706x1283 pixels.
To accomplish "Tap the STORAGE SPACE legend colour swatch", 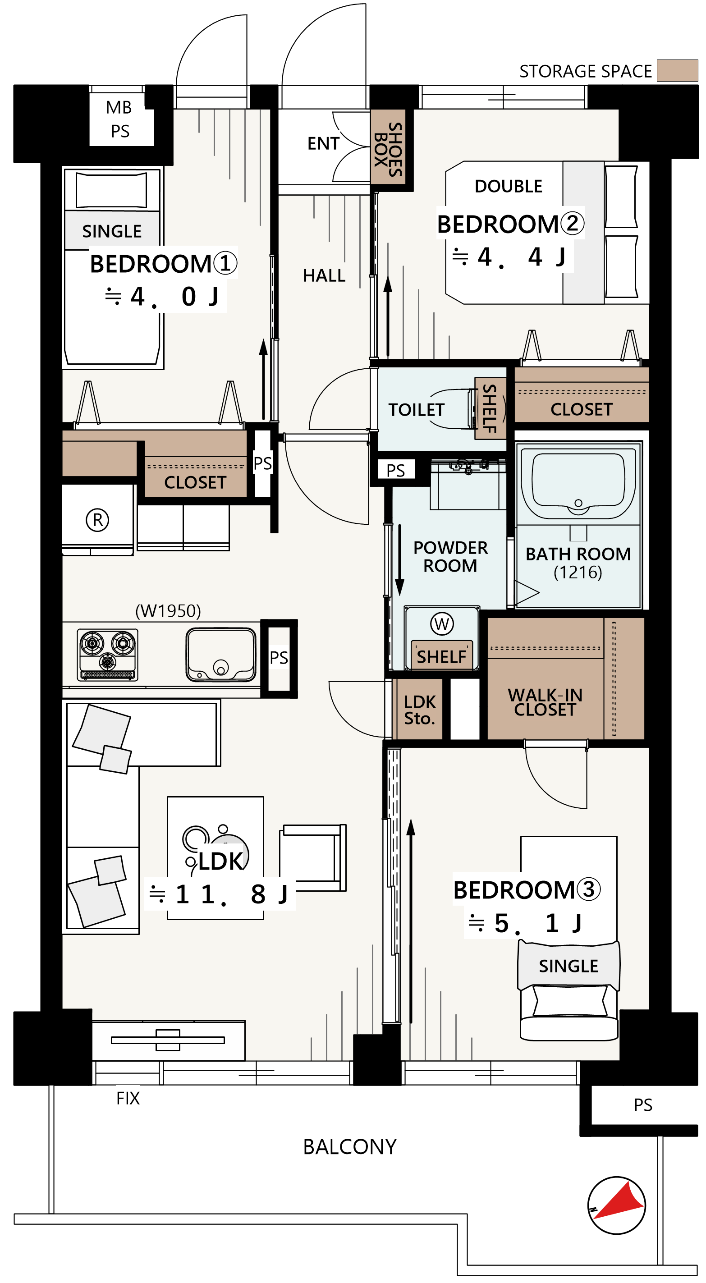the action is pos(677,70).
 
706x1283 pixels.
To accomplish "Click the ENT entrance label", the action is pos(323,143).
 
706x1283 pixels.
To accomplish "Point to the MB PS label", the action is pos(119,119).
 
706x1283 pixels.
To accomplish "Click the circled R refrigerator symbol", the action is pos(97,520).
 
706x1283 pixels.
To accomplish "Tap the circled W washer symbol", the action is pos(442,623).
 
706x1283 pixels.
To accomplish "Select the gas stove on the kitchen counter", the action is pos(108,655).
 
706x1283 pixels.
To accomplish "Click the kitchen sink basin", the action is pos(221,655).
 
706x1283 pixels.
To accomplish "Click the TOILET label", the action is pos(416,410).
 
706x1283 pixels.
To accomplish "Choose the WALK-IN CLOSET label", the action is pos(545,702).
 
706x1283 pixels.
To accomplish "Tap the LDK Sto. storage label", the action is pos(420,710).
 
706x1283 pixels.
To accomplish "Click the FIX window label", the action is pos(128,1098).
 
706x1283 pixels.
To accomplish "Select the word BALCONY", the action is pos(350,1146).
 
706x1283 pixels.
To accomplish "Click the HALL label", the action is pos(324,275).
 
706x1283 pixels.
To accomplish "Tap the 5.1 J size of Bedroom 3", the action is pos(525,923).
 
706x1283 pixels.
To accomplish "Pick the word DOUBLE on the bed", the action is pos(508,186).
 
